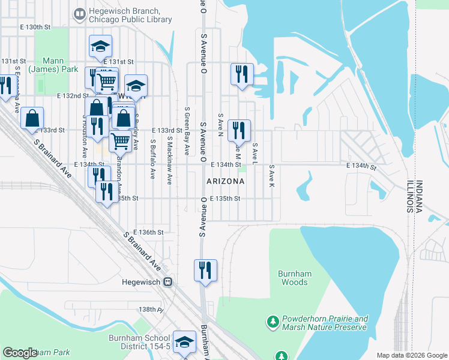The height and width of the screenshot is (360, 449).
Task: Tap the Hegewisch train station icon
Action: tap(169, 281)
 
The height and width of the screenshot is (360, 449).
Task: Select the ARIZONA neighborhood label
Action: tap(225, 181)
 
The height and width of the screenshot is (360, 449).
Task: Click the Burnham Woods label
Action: tap(295, 278)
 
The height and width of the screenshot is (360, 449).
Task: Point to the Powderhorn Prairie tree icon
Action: tap(273, 322)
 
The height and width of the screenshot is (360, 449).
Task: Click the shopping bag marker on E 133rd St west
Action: tap(32, 118)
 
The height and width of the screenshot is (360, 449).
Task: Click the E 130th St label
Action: tap(35, 28)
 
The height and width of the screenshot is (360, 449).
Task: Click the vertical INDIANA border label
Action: tap(419, 197)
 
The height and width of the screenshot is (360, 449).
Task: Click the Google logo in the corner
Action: tap(20, 353)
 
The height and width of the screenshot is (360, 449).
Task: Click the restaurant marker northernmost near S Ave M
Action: tap(241, 74)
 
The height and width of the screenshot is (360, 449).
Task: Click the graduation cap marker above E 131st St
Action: tap(101, 46)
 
